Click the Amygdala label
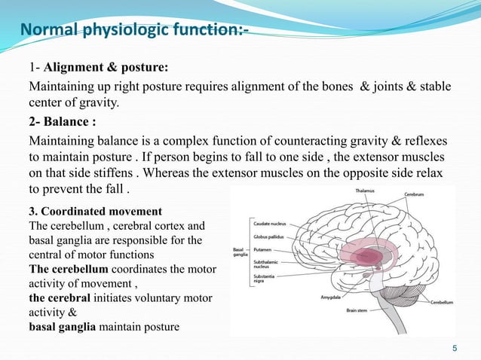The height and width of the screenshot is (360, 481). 332,297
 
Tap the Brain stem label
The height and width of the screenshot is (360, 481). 361,310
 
